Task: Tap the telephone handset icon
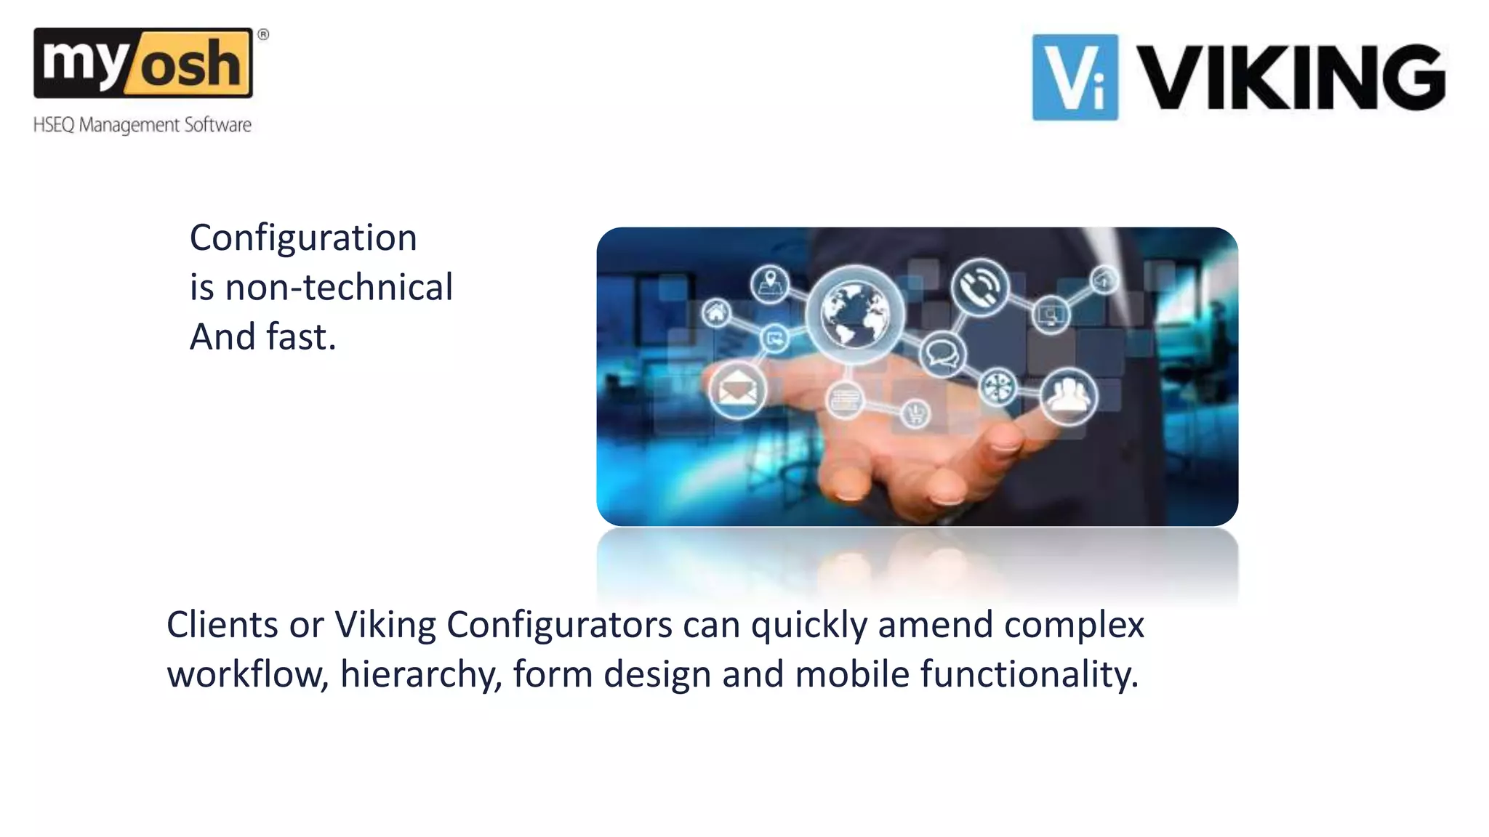[980, 287]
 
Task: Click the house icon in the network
[716, 313]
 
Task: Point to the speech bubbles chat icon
[942, 355]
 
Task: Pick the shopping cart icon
[916, 413]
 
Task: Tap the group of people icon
[1067, 396]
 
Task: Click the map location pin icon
[770, 283]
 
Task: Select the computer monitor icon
[1051, 315]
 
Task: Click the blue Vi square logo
[1075, 77]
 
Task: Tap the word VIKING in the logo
[1290, 77]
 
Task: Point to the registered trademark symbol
[263, 34]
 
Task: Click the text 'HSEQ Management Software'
[143, 125]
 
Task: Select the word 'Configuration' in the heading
[303, 238]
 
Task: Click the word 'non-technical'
[339, 287]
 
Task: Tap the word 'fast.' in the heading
[301, 336]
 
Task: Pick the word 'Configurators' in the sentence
[559, 624]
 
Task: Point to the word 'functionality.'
[1030, 674]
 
